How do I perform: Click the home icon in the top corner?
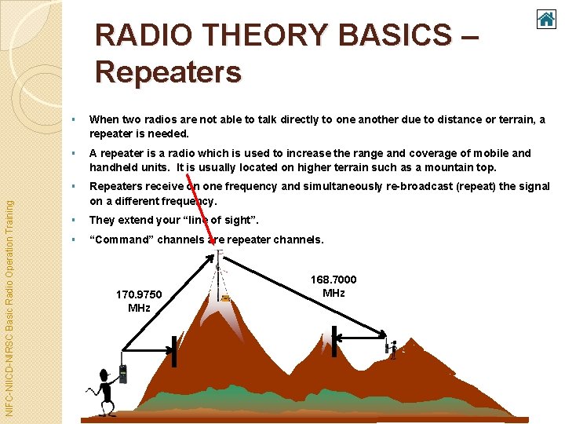[546, 18]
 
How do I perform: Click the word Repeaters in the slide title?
[168, 72]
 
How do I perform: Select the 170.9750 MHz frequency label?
[139, 301]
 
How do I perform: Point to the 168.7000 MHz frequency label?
[333, 286]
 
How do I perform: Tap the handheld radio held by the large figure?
[122, 374]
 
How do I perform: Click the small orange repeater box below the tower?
[226, 298]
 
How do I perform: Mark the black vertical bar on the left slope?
[174, 352]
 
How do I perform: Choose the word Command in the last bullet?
[121, 239]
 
